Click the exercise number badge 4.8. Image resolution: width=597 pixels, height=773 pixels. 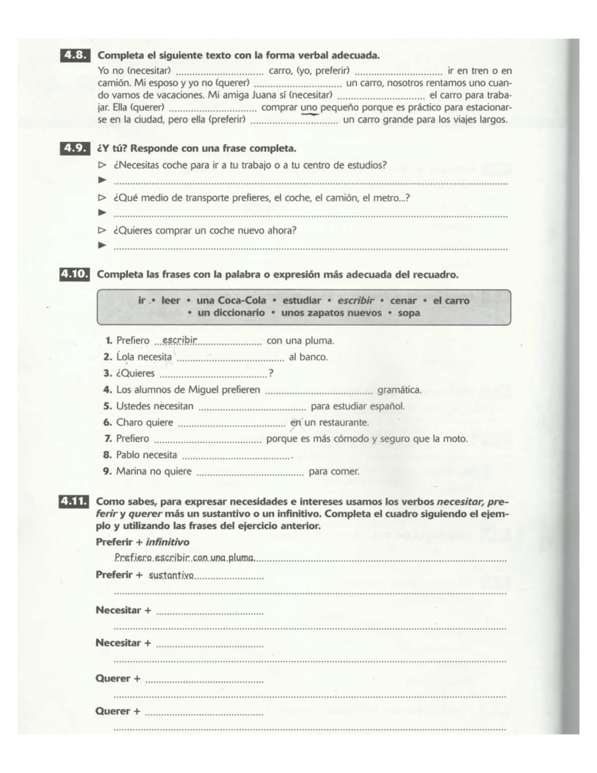tap(75, 55)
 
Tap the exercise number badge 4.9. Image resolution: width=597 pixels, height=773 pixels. tap(75, 148)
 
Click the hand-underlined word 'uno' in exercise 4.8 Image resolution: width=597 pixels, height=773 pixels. tap(309, 108)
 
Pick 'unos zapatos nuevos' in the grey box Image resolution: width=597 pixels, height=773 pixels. tap(331, 313)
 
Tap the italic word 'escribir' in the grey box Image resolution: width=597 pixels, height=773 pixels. tap(355, 301)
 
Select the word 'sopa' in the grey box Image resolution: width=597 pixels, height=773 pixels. tap(409, 313)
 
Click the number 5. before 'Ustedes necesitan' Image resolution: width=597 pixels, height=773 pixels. tap(107, 406)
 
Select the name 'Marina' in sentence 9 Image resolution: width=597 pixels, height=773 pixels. tap(130, 471)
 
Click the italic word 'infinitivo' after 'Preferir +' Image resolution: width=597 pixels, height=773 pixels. tap(167, 542)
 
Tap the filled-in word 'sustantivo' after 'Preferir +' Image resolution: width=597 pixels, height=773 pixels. tap(171, 575)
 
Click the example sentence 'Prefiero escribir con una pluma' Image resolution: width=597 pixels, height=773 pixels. tap(185, 558)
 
